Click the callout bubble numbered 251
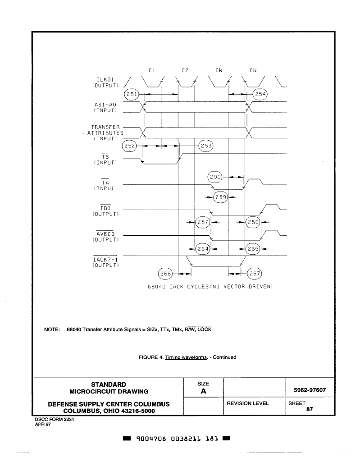(x=132, y=94)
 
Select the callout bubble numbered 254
(x=260, y=94)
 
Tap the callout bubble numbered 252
(x=129, y=146)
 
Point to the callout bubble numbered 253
(x=206, y=146)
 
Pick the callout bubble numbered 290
(x=215, y=177)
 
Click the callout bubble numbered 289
(x=221, y=197)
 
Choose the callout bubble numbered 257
(x=203, y=222)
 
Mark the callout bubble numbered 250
(x=253, y=222)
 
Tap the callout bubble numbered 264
(x=203, y=249)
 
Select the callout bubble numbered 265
(x=253, y=249)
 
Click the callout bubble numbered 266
(x=165, y=274)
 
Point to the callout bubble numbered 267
(x=255, y=274)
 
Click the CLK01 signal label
(x=105, y=79)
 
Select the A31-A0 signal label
(x=105, y=105)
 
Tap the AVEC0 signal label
(x=105, y=234)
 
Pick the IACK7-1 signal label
(x=105, y=260)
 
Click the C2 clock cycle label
(x=185, y=70)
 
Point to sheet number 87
(x=310, y=409)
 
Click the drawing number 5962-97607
(x=310, y=390)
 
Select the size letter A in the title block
(x=203, y=391)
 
